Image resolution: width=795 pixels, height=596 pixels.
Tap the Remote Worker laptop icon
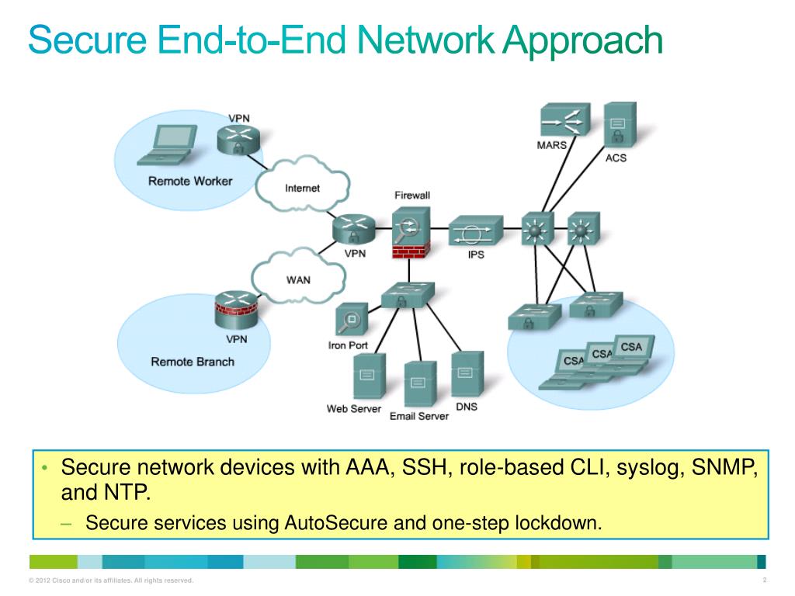point(165,146)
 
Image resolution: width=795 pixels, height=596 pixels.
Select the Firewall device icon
point(411,230)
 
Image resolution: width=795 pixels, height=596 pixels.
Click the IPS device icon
point(475,230)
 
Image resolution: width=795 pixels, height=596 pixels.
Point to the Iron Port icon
point(349,321)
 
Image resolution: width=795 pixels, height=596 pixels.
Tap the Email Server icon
point(419,384)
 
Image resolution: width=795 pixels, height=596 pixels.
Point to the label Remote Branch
point(193,362)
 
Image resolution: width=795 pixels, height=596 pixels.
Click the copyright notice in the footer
point(110,580)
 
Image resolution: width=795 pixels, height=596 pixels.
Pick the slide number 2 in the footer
point(765,580)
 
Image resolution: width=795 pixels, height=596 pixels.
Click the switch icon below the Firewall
point(408,295)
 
